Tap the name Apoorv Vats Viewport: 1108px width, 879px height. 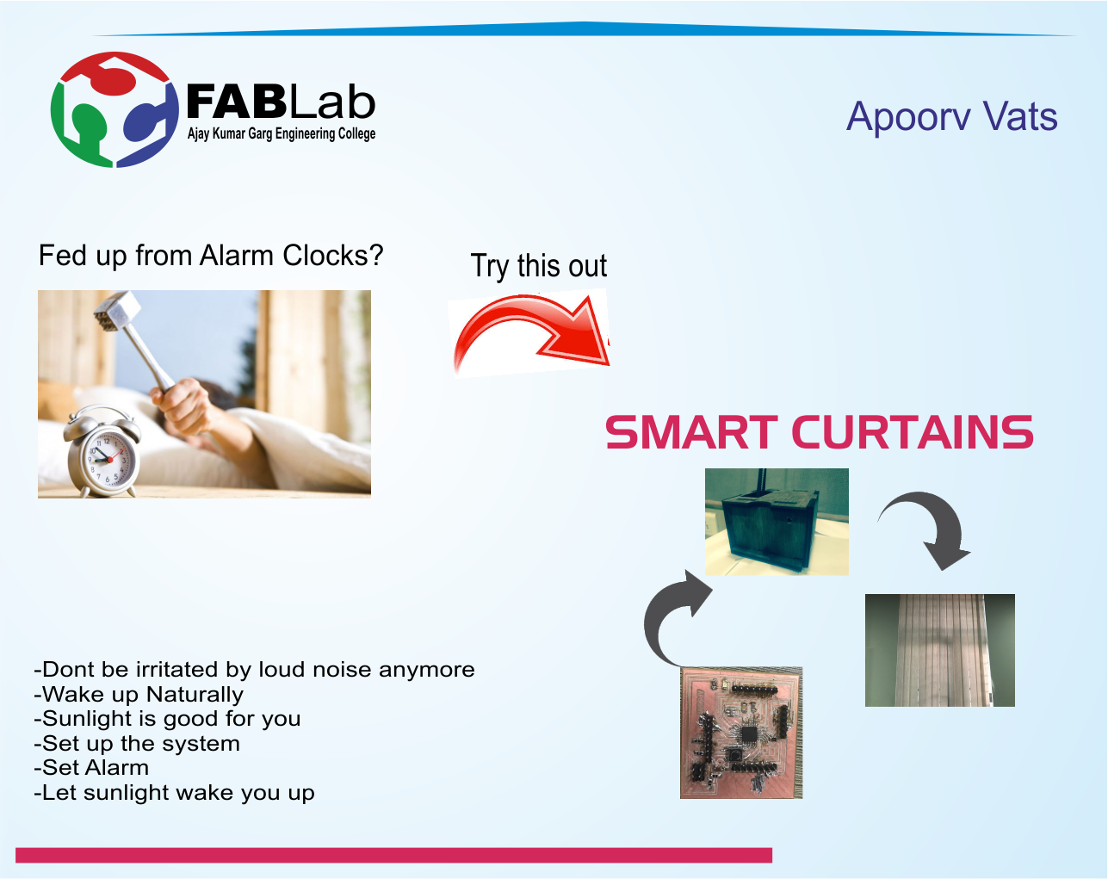tap(951, 117)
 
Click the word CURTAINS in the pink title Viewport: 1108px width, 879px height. tap(912, 431)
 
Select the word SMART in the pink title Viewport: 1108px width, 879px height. tap(691, 431)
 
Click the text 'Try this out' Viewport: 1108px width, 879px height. tap(539, 266)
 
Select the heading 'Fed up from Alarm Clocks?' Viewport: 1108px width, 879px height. tap(211, 256)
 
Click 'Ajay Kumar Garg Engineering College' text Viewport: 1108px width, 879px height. tap(282, 134)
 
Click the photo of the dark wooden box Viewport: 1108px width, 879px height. tap(777, 522)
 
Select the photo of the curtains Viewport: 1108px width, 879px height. tap(939, 650)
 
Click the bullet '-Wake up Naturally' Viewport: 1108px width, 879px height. tap(139, 694)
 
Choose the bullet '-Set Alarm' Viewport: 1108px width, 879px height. tap(91, 768)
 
